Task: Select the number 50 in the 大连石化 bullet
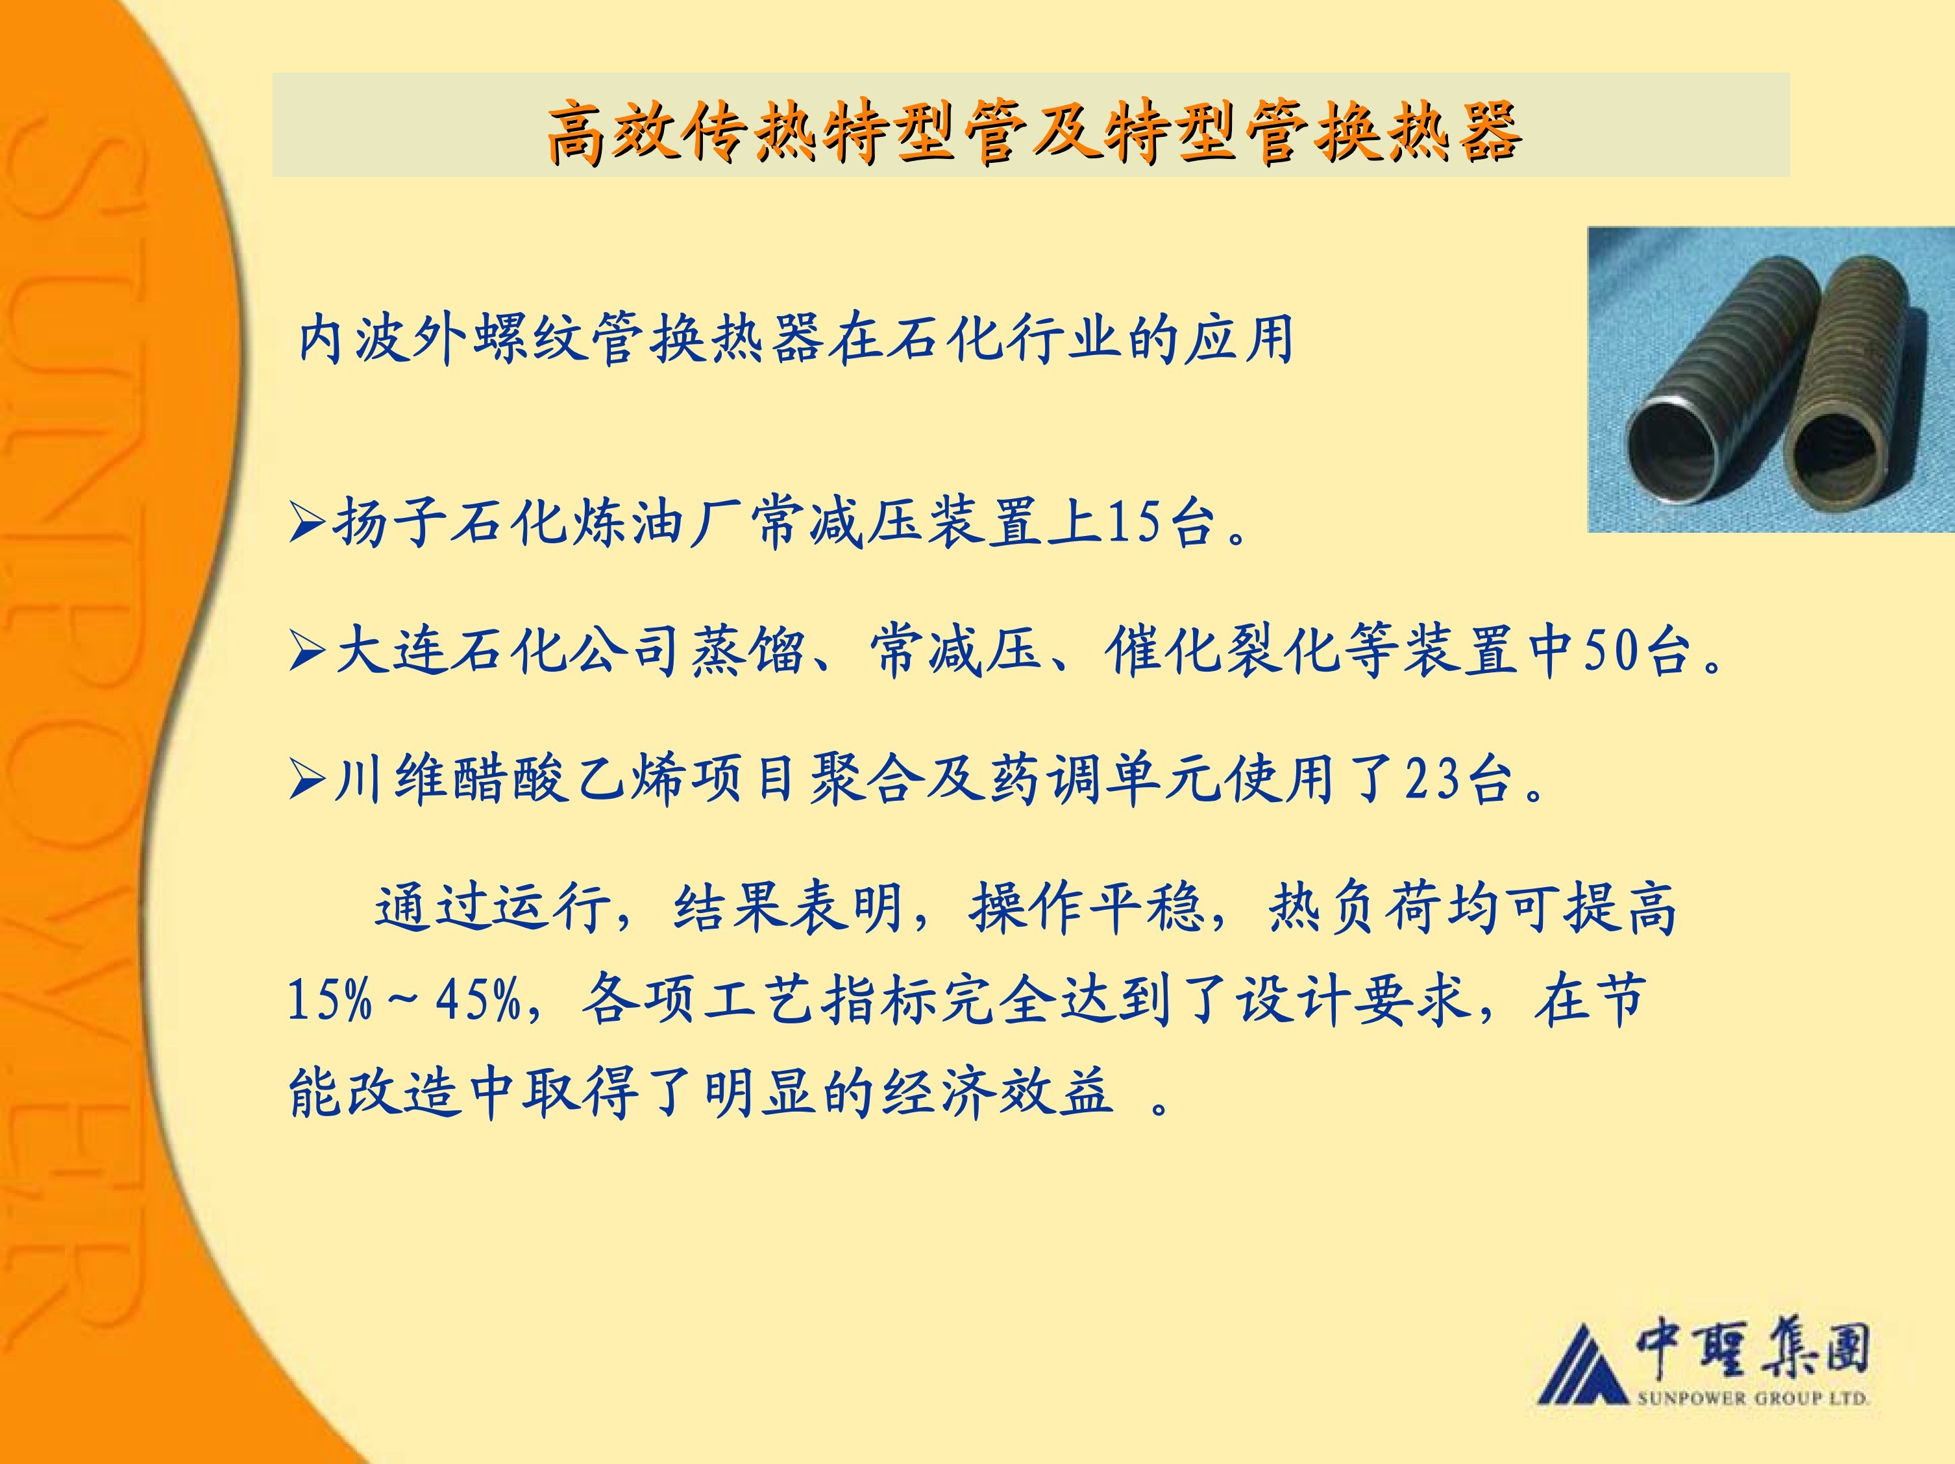point(1610,651)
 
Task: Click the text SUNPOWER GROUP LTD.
point(1752,1398)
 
